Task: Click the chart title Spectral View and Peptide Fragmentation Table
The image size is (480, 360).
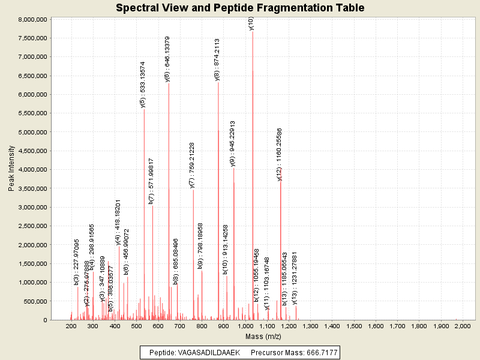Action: coord(240,8)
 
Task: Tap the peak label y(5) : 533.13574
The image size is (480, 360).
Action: coord(143,84)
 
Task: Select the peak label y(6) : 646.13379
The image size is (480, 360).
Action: coord(167,59)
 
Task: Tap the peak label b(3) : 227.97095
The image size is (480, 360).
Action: coord(77,262)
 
